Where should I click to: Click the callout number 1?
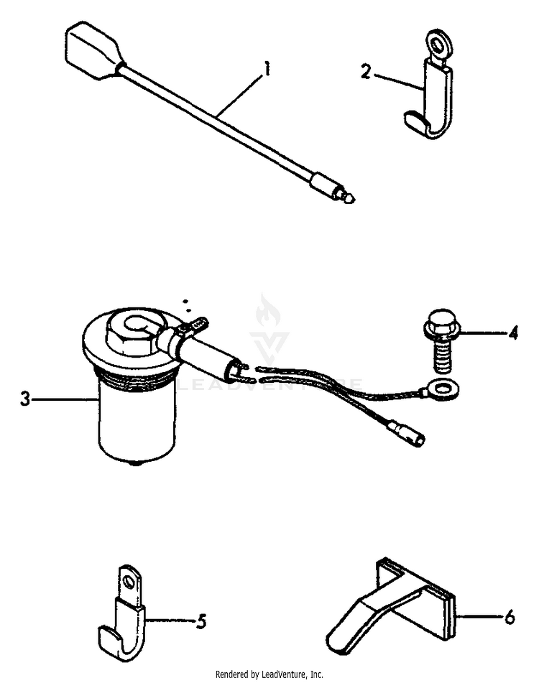pos(267,70)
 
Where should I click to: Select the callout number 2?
pos(366,73)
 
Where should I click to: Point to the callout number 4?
pos(512,333)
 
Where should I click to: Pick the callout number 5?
pos(201,619)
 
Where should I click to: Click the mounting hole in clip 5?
pos(128,579)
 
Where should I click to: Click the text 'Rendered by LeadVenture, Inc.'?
pos(269,674)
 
